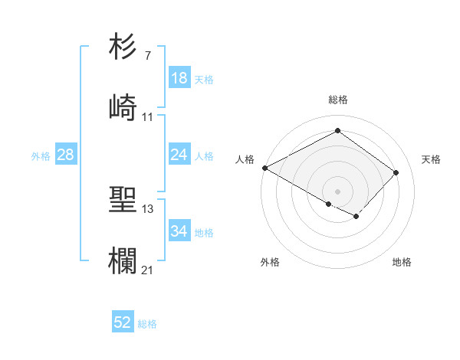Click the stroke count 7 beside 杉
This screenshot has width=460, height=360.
(148, 57)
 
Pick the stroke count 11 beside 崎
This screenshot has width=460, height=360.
(148, 117)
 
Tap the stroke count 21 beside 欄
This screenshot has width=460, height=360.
(148, 270)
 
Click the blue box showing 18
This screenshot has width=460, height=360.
(179, 78)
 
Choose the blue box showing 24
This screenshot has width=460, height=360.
(179, 155)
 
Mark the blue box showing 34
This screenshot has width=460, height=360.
(179, 231)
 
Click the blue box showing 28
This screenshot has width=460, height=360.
(65, 155)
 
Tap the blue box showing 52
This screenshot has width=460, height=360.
(123, 322)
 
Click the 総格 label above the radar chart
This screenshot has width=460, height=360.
(338, 100)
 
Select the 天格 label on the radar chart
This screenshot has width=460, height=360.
(431, 159)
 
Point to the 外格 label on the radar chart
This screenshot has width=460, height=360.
(270, 263)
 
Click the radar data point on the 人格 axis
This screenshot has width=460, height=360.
(264, 168)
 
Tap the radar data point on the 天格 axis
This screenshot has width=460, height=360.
(396, 172)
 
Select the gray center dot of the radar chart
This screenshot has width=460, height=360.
(337, 191)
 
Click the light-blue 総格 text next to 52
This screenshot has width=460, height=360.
(147, 324)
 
